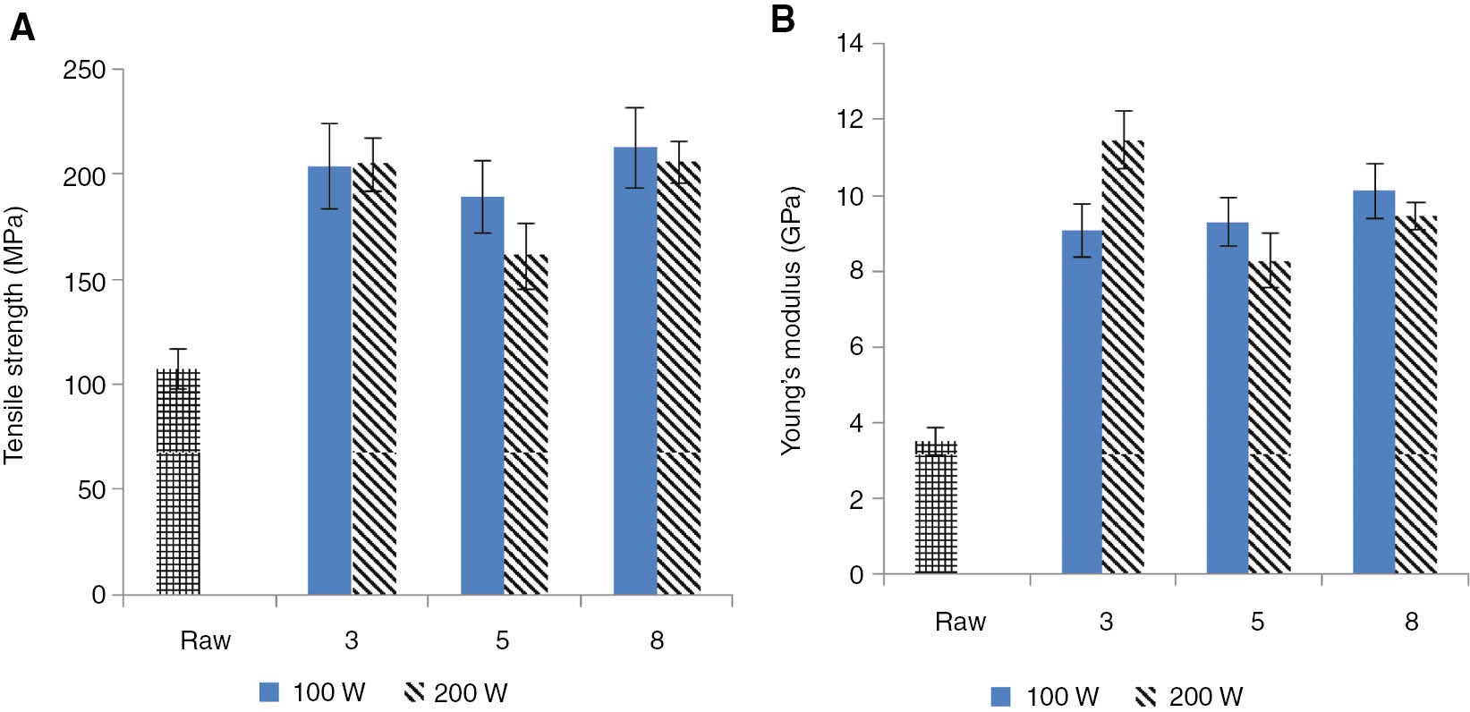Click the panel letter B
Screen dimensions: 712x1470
pyautogui.click(x=782, y=19)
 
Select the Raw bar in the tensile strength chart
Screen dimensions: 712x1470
pyautogui.click(x=178, y=483)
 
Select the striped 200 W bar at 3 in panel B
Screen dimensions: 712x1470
pyautogui.click(x=1123, y=358)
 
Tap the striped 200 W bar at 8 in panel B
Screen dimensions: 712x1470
pyautogui.click(x=1415, y=394)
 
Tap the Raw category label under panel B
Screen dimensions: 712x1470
pyautogui.click(x=960, y=622)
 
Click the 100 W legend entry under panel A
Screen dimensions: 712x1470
pyautogui.click(x=312, y=692)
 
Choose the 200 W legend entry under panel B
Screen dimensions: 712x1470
pyautogui.click(x=1189, y=696)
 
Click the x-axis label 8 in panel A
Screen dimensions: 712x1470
pyautogui.click(x=657, y=640)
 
